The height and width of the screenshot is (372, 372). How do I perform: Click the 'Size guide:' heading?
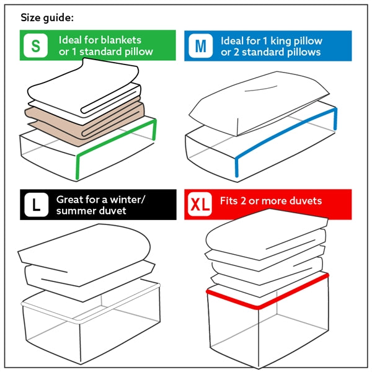click(x=48, y=17)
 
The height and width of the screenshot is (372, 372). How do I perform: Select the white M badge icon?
click(x=200, y=46)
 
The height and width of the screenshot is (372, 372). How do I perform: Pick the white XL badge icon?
click(x=200, y=205)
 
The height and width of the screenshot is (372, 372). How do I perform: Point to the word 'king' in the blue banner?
click(x=288, y=41)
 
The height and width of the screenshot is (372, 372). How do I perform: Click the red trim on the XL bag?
click(x=267, y=291)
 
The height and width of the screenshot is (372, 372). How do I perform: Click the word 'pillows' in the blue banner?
click(x=301, y=52)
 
